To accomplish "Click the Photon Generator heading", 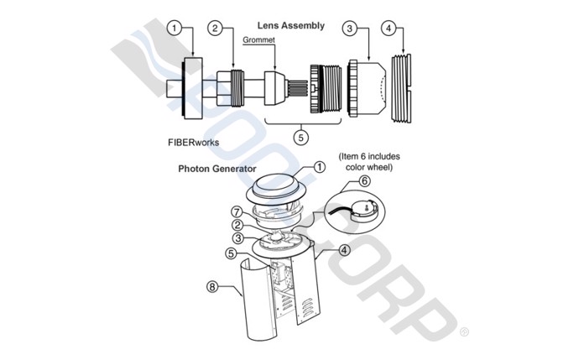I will point(220,168).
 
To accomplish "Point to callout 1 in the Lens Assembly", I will point(175,29).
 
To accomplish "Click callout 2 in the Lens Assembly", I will point(216,29).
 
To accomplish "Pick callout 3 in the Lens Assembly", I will point(351,29).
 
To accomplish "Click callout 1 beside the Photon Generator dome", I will point(320,166).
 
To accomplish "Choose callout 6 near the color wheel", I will point(364,180).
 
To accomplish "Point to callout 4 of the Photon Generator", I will point(344,249).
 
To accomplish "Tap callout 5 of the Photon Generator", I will point(231,253).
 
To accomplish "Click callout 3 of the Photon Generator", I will point(238,239).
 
